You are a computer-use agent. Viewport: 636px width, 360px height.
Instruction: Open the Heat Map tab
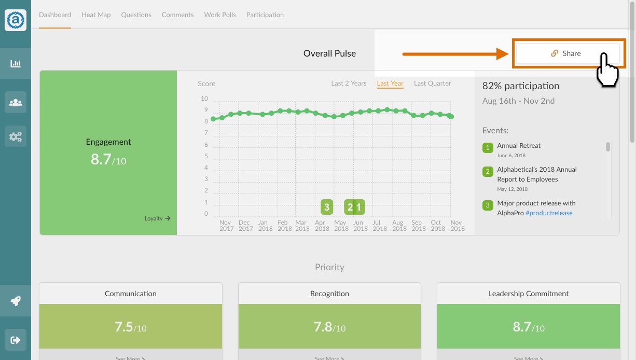(x=96, y=15)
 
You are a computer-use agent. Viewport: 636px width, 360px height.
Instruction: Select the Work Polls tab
(x=220, y=15)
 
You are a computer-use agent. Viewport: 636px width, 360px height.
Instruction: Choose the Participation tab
(x=265, y=15)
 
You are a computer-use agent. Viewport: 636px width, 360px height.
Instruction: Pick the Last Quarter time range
(x=433, y=83)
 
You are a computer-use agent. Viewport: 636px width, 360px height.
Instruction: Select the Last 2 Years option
(x=349, y=83)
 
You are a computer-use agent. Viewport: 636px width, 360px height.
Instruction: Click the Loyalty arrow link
(x=158, y=218)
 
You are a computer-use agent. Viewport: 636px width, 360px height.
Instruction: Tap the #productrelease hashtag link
(x=549, y=213)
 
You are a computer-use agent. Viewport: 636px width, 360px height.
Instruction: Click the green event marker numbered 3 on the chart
(x=327, y=207)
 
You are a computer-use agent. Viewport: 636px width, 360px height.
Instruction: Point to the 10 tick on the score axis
(x=204, y=99)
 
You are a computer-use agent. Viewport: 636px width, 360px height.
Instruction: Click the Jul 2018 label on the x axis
(x=380, y=226)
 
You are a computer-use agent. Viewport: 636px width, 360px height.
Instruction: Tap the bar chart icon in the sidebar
(x=16, y=63)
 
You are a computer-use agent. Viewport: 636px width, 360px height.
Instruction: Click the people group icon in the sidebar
(x=16, y=103)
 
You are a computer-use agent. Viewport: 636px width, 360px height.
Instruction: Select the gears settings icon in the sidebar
(x=16, y=136)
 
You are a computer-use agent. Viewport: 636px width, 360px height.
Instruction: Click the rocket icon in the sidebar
(x=16, y=301)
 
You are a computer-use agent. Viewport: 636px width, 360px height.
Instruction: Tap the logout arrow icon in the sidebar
(x=16, y=340)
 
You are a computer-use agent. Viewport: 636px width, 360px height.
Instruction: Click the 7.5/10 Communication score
(x=131, y=327)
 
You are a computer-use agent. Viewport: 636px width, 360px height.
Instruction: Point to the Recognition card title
(x=329, y=294)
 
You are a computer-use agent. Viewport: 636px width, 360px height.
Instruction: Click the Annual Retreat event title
(x=519, y=146)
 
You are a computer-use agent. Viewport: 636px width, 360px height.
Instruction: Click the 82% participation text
(x=521, y=86)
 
